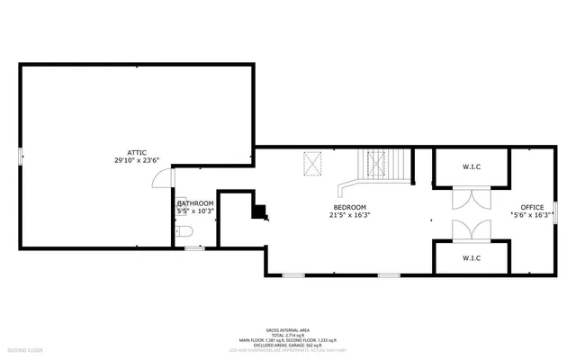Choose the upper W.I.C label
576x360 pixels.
pos(472,166)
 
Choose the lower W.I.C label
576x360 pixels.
pos(472,257)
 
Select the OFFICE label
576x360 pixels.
pos(532,207)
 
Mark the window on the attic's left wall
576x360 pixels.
pos(20,157)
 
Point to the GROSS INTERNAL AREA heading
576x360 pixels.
pos(288,330)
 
